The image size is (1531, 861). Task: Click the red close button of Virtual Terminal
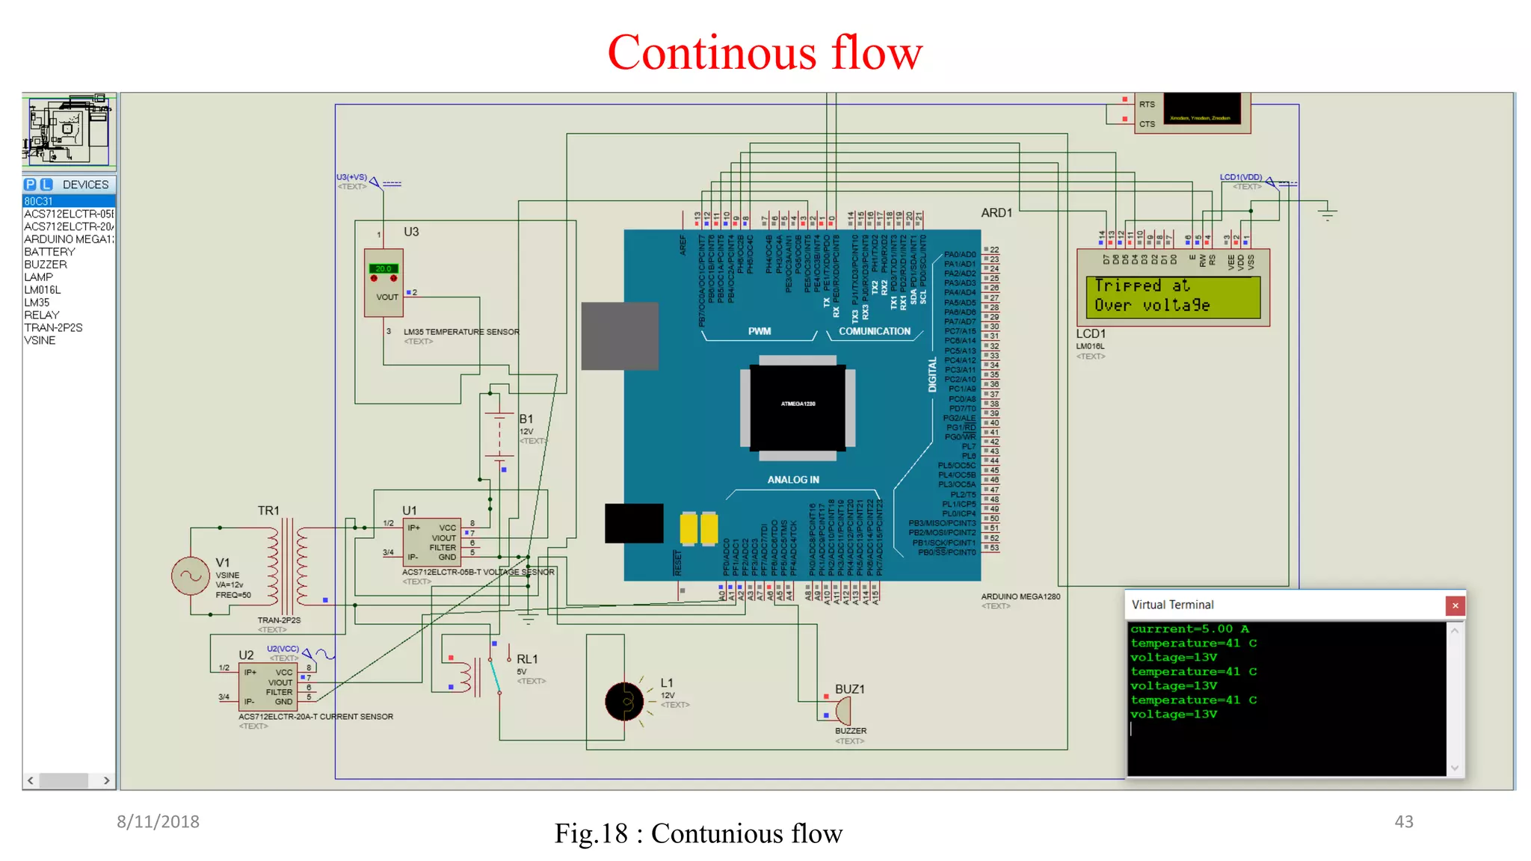(x=1455, y=605)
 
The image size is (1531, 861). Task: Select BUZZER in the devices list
(x=46, y=265)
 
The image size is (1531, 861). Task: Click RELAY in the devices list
(x=41, y=315)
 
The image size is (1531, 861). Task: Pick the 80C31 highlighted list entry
(x=39, y=202)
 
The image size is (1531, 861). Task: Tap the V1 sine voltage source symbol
(x=191, y=576)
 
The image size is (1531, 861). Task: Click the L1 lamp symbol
(x=624, y=701)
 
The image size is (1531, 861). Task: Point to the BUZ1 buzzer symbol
(x=842, y=711)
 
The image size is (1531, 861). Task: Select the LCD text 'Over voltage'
(x=1151, y=306)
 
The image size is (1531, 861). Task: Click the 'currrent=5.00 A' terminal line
(x=1189, y=629)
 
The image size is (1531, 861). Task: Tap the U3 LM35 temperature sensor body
(x=383, y=283)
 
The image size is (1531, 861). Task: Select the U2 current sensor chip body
(x=268, y=687)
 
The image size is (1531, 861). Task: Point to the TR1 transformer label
(x=268, y=510)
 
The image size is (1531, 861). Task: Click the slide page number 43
(x=1403, y=821)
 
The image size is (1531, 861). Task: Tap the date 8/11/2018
(x=158, y=821)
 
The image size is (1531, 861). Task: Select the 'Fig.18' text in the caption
(x=591, y=833)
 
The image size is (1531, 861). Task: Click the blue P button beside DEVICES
(x=30, y=185)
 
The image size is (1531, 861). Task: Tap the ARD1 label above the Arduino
(x=996, y=213)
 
